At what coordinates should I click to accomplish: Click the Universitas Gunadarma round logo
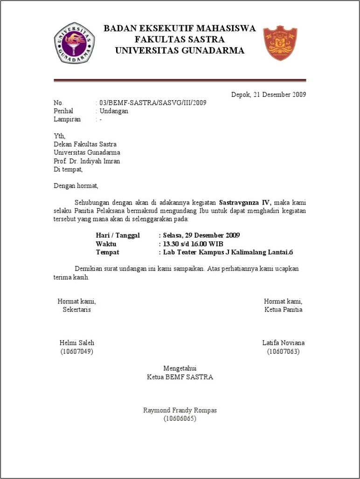pyautogui.click(x=74, y=42)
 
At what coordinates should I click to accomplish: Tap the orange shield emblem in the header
pyautogui.click(x=280, y=43)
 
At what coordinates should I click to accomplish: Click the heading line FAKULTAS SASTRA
pyautogui.click(x=180, y=40)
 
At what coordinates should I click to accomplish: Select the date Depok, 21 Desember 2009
pyautogui.click(x=269, y=95)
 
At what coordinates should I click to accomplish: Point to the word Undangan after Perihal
pyautogui.click(x=114, y=111)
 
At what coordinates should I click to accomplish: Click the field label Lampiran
pyautogui.click(x=67, y=119)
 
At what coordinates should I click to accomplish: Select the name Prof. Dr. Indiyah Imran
pyautogui.click(x=87, y=161)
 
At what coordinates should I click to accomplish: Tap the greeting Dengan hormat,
pyautogui.click(x=76, y=185)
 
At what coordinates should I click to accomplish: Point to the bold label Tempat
pyautogui.click(x=107, y=252)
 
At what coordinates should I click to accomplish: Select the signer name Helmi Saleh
pyautogui.click(x=77, y=343)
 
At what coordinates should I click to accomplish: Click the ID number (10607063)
pyautogui.click(x=283, y=351)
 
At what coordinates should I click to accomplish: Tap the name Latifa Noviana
pyautogui.click(x=283, y=343)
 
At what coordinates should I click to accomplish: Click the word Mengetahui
pyautogui.click(x=180, y=369)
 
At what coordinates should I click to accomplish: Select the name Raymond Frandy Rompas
pyautogui.click(x=180, y=411)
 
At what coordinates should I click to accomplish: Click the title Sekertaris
pyautogui.click(x=76, y=309)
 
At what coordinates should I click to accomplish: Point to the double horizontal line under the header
pyautogui.click(x=180, y=81)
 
